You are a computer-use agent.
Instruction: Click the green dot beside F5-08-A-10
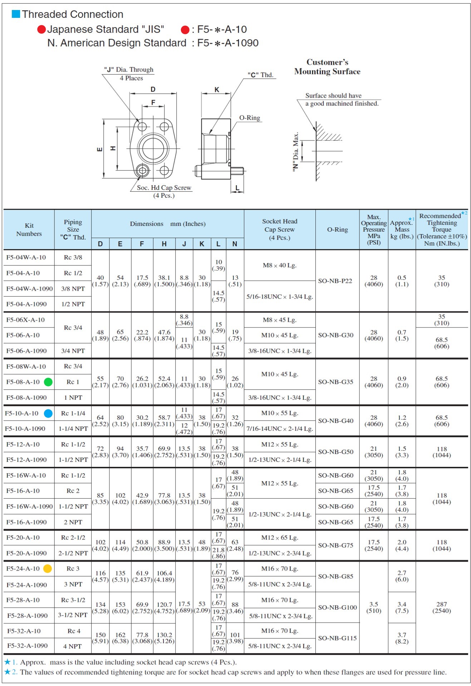(x=48, y=382)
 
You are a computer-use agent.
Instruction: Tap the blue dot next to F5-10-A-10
(x=48, y=414)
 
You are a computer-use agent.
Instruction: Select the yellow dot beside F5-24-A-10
(x=48, y=569)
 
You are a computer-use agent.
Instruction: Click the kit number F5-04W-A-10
(x=26, y=257)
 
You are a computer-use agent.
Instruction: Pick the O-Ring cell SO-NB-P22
(x=335, y=281)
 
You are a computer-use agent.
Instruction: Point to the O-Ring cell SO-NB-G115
(x=337, y=638)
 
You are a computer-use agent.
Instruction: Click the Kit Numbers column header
(x=29, y=230)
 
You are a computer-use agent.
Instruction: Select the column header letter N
(x=235, y=244)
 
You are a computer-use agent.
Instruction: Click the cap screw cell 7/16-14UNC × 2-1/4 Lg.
(x=280, y=429)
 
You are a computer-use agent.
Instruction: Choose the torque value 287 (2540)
(x=442, y=607)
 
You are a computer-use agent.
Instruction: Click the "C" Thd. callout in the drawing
(x=260, y=75)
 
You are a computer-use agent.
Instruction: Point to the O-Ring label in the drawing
(x=250, y=118)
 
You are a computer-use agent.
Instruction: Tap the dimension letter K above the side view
(x=217, y=90)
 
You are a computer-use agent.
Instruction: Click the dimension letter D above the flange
(x=153, y=89)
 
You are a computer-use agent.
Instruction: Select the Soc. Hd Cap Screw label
(x=164, y=188)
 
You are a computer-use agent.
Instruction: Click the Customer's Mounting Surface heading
(x=327, y=67)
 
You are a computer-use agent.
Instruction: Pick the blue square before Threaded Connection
(x=16, y=14)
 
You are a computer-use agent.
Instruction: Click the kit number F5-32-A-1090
(x=27, y=646)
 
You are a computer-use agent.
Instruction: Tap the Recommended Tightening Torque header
(x=442, y=229)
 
